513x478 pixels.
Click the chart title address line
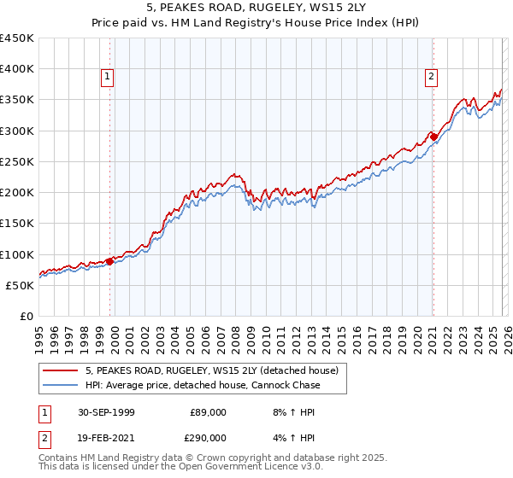(256, 8)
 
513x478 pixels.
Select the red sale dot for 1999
(110, 262)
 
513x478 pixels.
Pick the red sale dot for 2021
(434, 137)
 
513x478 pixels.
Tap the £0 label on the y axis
(26, 316)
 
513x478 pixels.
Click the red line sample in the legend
(61, 371)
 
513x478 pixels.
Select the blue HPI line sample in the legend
(61, 385)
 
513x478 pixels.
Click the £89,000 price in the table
(209, 412)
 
